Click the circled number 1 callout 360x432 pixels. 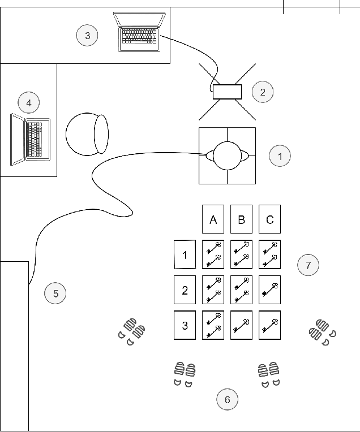(x=280, y=155)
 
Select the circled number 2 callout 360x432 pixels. (x=263, y=92)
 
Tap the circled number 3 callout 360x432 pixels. (x=87, y=36)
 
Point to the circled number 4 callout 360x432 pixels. (x=28, y=103)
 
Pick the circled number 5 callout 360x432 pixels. (x=55, y=293)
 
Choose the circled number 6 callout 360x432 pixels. (x=227, y=400)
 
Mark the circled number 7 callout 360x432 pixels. (x=308, y=265)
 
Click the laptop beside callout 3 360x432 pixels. (x=140, y=32)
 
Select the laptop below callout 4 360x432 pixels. (x=31, y=139)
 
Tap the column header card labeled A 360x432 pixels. (x=213, y=219)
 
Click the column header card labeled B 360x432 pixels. (x=242, y=219)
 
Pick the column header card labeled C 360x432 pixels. (x=270, y=219)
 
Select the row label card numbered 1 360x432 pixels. (x=185, y=254)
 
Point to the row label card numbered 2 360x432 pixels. (x=185, y=290)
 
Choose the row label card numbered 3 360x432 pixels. (x=185, y=325)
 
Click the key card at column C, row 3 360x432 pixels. (x=270, y=325)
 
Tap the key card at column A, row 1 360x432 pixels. (x=213, y=254)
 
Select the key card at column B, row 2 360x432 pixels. (x=242, y=290)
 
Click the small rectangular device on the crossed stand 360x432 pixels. (x=227, y=92)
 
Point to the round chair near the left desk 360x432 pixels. (x=87, y=134)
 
